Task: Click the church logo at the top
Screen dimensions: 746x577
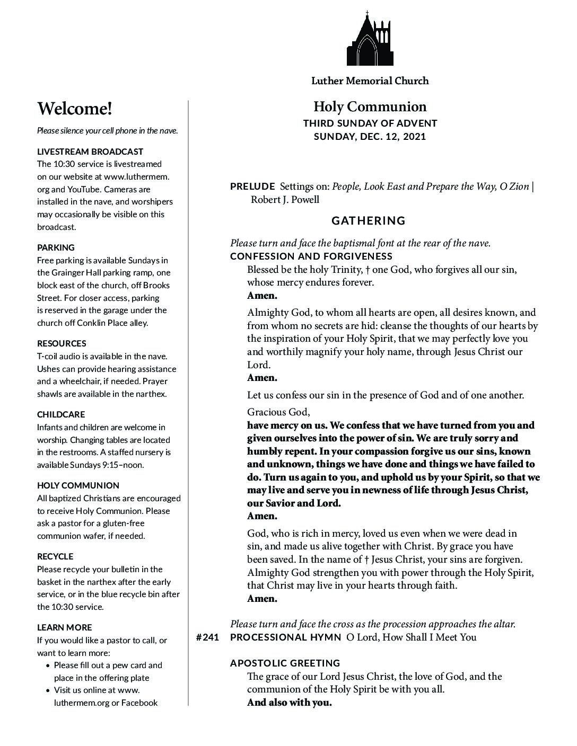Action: click(x=370, y=38)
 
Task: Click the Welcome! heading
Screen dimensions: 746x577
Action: click(x=75, y=109)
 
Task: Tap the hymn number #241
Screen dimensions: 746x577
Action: click(x=207, y=637)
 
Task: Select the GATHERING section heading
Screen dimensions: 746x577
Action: click(x=369, y=220)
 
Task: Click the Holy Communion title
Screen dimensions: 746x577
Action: click(x=370, y=106)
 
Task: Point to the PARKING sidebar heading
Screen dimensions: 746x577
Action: click(x=56, y=247)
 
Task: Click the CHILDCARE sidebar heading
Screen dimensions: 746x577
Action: click(x=61, y=414)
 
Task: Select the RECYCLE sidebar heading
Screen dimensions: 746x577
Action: click(x=55, y=556)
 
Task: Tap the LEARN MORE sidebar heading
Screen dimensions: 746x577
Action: click(x=64, y=627)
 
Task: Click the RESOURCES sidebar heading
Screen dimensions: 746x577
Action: click(x=62, y=343)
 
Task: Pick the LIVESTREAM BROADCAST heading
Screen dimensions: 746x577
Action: click(x=90, y=152)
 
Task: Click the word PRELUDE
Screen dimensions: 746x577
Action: click(x=252, y=186)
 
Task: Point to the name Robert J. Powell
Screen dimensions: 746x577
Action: click(x=285, y=200)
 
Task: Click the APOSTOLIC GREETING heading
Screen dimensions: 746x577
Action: click(x=285, y=663)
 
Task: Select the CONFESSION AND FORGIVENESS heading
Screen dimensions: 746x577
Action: click(x=311, y=256)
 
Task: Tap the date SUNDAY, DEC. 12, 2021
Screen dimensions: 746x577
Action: click(x=370, y=137)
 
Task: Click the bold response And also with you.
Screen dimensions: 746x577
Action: click(x=290, y=703)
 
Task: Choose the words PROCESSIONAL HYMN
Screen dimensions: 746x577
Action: click(x=285, y=637)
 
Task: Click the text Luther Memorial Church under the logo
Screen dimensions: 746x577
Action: click(x=370, y=81)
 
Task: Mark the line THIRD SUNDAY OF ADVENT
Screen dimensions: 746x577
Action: click(x=370, y=123)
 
